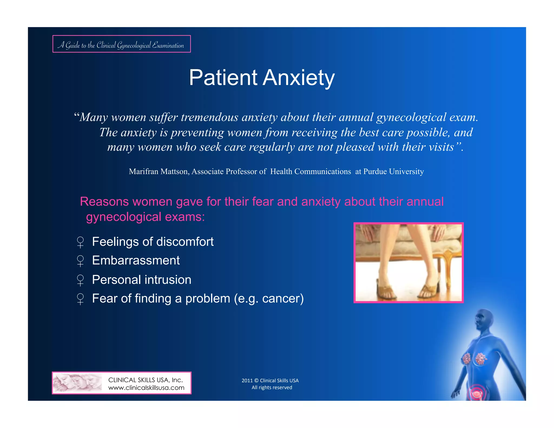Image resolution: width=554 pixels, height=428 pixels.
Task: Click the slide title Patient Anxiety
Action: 262,78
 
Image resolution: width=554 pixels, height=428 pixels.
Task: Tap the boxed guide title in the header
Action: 121,44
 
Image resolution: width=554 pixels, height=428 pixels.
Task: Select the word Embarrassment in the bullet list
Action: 136,261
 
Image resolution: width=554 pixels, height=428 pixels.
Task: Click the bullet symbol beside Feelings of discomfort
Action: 80,242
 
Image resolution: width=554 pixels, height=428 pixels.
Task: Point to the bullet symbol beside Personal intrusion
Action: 80,280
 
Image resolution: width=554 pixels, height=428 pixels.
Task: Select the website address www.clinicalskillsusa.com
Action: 146,388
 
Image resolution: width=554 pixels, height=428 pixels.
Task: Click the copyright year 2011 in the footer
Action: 247,381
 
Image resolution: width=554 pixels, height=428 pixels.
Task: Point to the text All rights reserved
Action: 272,388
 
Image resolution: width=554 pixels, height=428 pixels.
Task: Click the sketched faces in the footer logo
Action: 77,383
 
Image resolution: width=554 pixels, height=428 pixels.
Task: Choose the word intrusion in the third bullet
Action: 169,280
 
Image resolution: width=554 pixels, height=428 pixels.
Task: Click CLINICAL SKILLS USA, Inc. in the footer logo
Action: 146,380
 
